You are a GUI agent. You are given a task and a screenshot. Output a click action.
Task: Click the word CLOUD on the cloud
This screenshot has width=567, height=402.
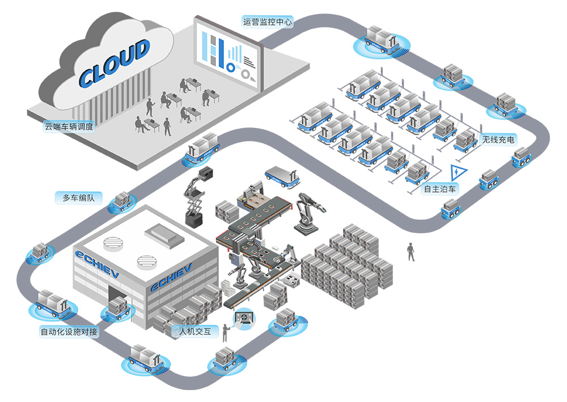tap(114, 63)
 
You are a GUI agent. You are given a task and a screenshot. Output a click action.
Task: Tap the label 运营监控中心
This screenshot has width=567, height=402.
tap(267, 23)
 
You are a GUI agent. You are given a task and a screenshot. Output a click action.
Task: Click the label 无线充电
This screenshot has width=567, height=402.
tap(498, 139)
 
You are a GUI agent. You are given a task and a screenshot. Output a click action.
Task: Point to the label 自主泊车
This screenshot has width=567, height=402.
tap(441, 189)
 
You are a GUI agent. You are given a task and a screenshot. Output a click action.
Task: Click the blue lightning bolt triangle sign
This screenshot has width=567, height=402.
tap(456, 172)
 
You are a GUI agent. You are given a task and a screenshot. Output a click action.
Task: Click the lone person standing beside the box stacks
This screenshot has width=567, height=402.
tap(411, 251)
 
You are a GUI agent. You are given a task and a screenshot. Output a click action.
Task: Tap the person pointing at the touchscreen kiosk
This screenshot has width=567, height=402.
tap(225, 332)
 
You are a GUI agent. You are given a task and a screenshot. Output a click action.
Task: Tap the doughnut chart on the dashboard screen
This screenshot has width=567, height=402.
tap(231, 67)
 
